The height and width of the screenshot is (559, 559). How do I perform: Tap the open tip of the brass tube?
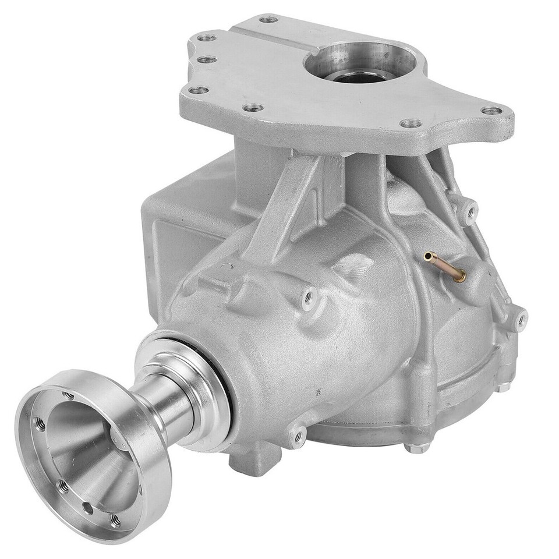(x=429, y=255)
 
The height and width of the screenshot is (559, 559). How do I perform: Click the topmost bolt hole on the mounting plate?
(x=268, y=19)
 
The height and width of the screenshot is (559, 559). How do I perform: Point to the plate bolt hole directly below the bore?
(x=411, y=123)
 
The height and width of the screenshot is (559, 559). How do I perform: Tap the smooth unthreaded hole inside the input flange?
(x=87, y=507)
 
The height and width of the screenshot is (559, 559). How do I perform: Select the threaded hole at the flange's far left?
(x=41, y=423)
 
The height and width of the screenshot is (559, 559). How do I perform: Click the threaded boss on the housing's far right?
(x=520, y=319)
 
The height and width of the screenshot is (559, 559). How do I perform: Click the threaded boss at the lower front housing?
(x=298, y=434)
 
